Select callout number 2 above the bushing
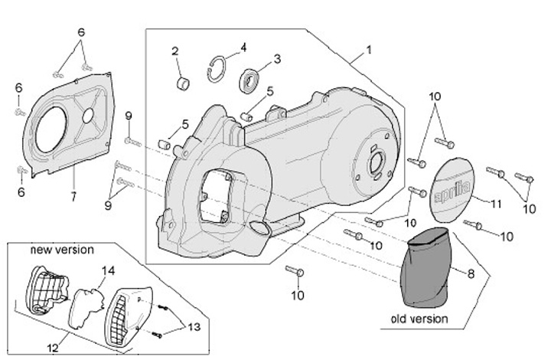pyautogui.click(x=175, y=51)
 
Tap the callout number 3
pyautogui.click(x=277, y=58)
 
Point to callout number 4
pyautogui.click(x=243, y=47)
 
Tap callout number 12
pyautogui.click(x=52, y=349)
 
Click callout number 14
pyautogui.click(x=108, y=270)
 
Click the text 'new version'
pyautogui.click(x=62, y=250)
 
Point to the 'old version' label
pyautogui.click(x=419, y=318)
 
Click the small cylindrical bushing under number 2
pyautogui.click(x=184, y=81)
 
